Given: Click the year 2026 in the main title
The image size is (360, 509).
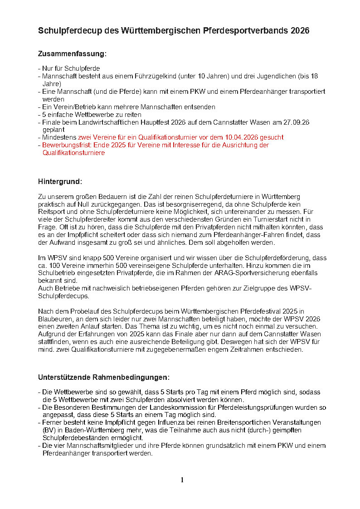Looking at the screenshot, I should point(298,31).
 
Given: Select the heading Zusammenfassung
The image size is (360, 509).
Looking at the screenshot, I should point(72,54).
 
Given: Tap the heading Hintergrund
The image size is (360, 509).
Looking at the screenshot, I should point(60,182).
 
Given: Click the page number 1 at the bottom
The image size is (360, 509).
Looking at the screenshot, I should point(182,480).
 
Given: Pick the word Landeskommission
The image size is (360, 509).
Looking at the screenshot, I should point(157,407).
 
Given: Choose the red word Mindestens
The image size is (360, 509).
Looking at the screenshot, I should point(59,137).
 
